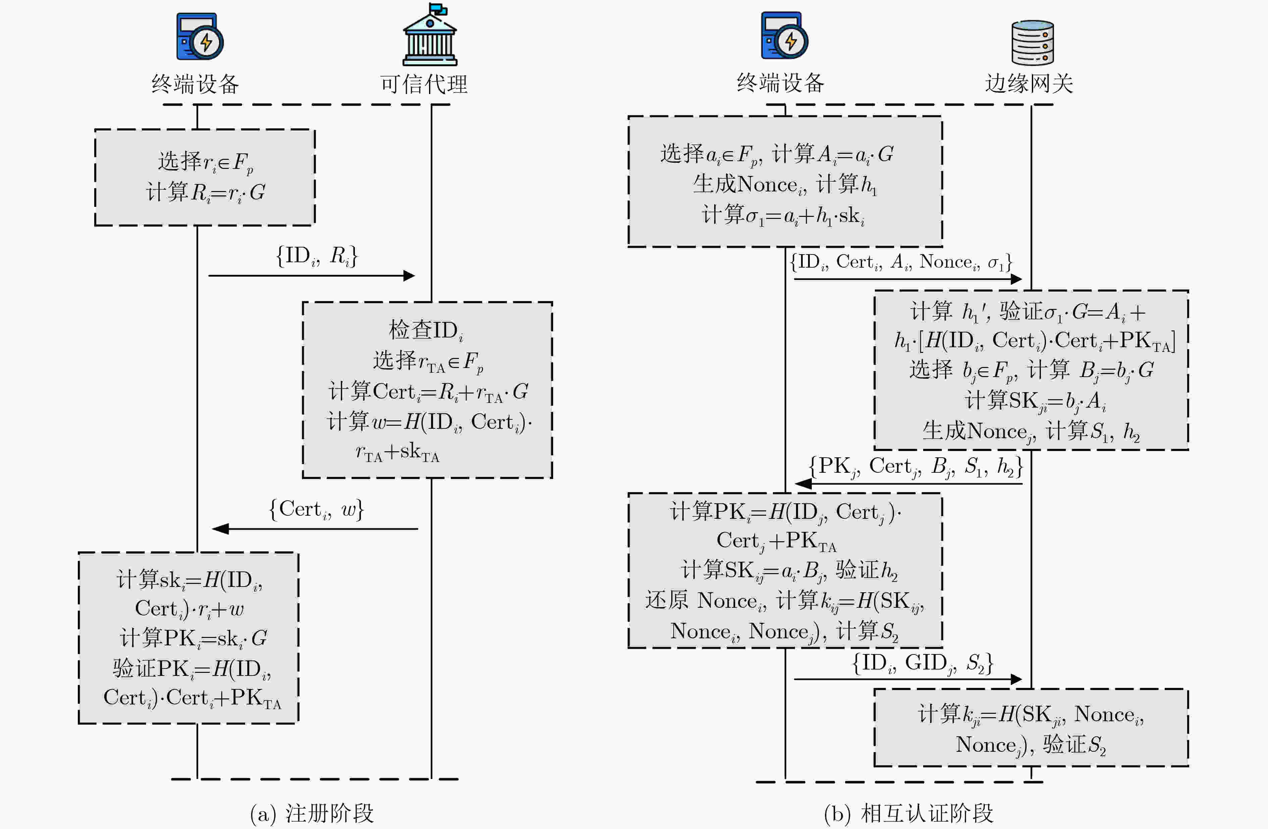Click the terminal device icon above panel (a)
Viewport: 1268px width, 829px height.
(200, 36)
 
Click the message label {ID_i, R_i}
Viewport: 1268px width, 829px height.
(317, 256)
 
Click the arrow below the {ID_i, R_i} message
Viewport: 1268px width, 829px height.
(312, 276)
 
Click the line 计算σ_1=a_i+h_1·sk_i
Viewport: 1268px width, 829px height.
(783, 215)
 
